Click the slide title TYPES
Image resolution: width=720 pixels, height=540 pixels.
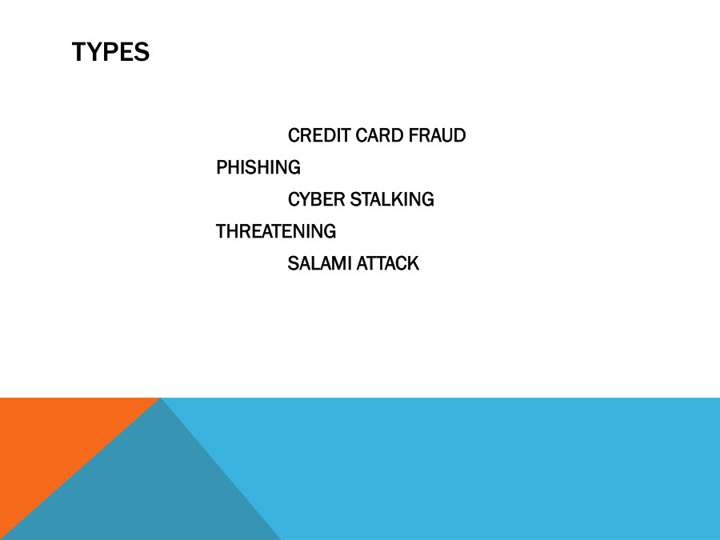coord(110,52)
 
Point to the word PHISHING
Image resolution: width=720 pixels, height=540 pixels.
coord(258,168)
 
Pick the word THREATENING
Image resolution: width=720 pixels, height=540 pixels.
coord(276,232)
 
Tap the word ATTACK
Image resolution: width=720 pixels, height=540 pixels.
coord(387,264)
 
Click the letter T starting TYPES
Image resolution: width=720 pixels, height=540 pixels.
coord(78,52)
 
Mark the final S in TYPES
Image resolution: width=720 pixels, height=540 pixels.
coord(142,52)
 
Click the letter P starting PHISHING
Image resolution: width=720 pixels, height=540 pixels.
coord(222,168)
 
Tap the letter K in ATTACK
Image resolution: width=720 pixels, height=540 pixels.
coord(414,264)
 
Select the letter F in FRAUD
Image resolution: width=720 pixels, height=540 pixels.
coord(413,136)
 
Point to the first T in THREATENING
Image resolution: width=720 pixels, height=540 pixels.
coord(222,232)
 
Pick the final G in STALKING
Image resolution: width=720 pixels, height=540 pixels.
coord(428,200)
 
